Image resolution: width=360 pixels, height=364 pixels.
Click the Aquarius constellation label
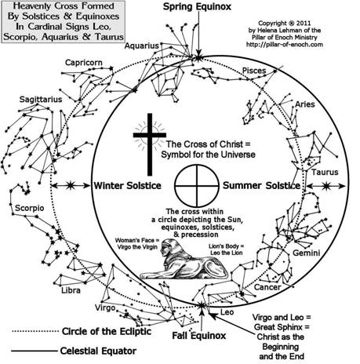141,45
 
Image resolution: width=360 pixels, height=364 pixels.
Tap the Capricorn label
84,63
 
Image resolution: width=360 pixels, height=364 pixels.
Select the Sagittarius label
41,100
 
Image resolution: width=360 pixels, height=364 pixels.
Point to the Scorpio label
30,208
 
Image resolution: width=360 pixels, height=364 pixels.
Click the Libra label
71,290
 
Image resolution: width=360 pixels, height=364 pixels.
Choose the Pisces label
254,71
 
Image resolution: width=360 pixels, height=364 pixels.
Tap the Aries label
305,104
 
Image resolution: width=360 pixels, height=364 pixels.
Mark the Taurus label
325,172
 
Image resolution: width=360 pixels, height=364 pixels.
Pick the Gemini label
307,253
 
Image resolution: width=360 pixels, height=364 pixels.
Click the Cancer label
267,287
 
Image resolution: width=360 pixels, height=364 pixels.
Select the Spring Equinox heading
197,7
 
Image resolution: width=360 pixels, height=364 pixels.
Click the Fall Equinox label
199,336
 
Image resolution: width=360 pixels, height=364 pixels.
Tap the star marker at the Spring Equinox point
198,57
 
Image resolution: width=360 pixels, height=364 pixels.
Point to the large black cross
150,144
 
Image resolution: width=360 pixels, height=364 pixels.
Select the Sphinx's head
166,248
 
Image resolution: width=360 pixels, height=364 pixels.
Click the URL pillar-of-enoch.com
285,45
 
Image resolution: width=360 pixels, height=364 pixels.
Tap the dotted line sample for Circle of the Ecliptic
35,331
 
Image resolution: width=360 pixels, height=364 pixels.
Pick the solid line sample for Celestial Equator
35,351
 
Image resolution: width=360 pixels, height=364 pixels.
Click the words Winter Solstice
128,186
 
